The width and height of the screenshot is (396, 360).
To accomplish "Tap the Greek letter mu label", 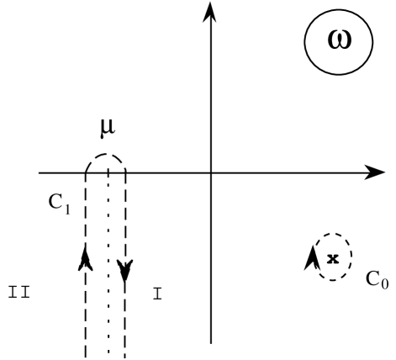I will pos(107,133).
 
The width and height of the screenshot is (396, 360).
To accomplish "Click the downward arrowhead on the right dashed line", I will pos(125,270).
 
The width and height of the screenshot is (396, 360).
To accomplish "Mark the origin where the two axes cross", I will pos(210,173).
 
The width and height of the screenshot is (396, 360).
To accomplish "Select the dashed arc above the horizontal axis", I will pos(107,156).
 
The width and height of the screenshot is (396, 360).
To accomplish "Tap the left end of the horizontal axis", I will pos(39,173).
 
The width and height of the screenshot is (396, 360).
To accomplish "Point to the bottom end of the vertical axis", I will pos(210,341).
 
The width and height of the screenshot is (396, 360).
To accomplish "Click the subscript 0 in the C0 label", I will pos(384,283).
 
